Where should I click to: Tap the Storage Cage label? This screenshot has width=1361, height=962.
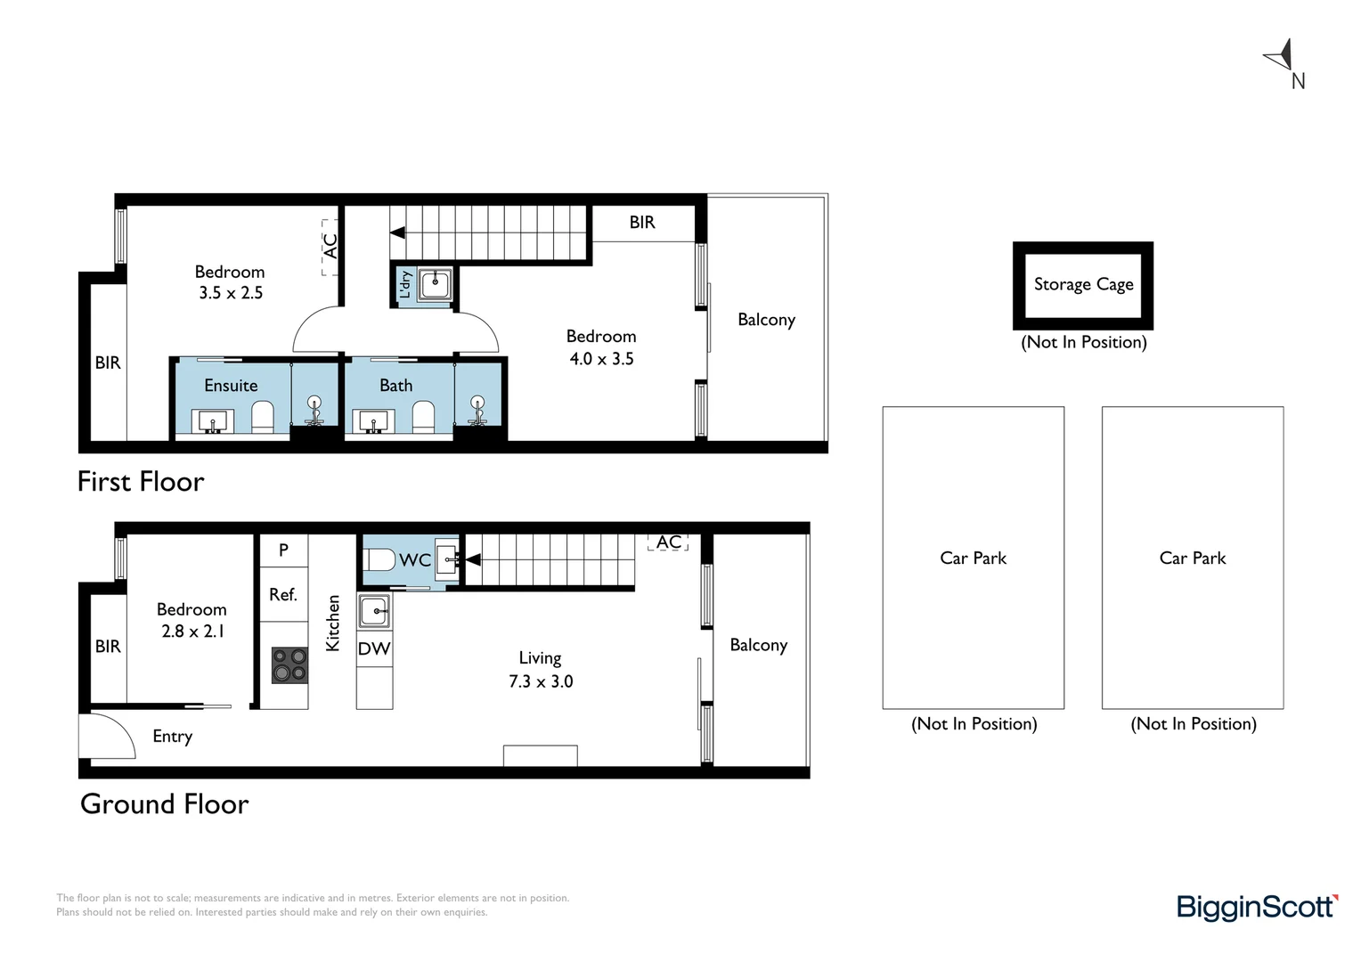[1083, 284]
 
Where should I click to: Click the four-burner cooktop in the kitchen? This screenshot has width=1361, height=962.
[289, 664]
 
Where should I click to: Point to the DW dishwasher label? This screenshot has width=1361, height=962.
[374, 649]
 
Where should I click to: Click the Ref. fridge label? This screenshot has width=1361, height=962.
[283, 594]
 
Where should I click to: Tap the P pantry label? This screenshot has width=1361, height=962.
[283, 550]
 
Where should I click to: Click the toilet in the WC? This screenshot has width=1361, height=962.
[379, 559]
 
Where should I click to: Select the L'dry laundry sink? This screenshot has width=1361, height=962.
[435, 284]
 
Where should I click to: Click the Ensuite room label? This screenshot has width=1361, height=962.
[231, 386]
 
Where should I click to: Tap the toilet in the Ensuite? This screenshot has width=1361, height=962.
[263, 417]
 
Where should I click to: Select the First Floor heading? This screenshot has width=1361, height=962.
[141, 482]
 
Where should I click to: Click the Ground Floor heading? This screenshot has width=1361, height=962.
[164, 804]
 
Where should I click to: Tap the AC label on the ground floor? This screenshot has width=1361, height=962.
[668, 542]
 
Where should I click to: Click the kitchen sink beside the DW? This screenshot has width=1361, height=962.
[374, 611]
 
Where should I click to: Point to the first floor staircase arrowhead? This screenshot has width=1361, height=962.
[398, 232]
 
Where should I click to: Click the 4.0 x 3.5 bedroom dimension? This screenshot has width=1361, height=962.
[601, 359]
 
